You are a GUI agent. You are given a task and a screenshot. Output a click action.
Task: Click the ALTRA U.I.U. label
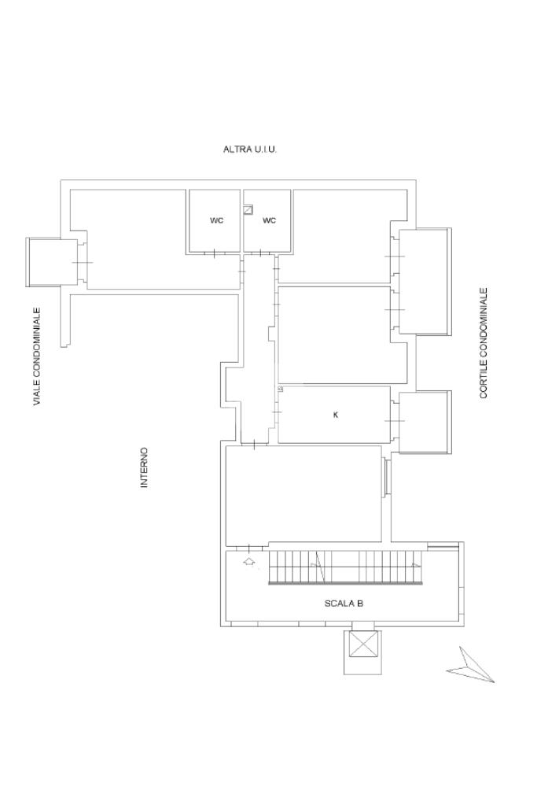coord(250,149)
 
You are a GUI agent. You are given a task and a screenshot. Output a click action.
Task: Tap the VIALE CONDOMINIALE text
coord(37,356)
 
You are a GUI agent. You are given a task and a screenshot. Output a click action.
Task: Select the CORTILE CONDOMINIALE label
coord(484,342)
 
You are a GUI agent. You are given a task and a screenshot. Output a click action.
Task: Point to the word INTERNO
coord(144,467)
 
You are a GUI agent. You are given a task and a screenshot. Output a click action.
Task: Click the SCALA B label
coord(344,604)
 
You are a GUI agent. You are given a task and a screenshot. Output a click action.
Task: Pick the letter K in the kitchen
coord(336,415)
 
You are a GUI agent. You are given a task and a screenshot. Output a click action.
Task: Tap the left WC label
coord(216,220)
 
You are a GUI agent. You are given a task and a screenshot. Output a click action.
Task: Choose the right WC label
coord(269,220)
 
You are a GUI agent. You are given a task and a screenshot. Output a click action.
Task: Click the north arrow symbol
coord(469,667)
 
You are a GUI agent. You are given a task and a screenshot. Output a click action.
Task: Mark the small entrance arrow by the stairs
coord(249,562)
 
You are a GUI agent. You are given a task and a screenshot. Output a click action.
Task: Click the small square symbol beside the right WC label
coord(248,210)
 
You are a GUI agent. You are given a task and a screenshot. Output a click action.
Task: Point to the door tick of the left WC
coord(214,253)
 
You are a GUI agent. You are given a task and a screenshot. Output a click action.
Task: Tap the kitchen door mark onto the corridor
coord(276,412)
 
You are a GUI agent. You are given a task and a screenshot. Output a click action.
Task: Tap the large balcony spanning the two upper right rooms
coord(425,281)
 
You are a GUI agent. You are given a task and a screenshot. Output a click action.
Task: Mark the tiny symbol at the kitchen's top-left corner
coord(281,389)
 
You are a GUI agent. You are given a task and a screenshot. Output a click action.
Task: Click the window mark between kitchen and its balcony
coord(394,421)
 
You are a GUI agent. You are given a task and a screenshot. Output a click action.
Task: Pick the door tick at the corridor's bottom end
coord(255,445)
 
